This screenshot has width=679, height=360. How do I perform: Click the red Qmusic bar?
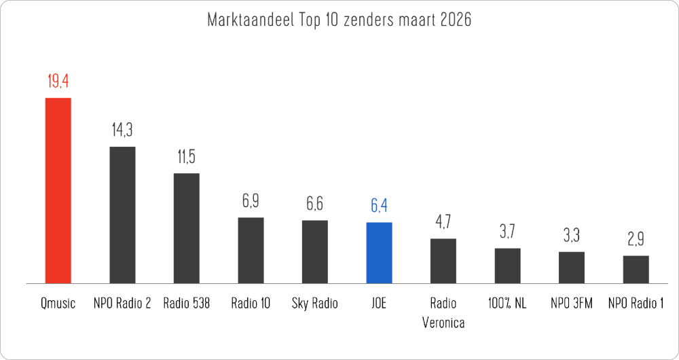click(58, 190)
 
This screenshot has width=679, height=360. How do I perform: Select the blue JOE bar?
click(379, 252)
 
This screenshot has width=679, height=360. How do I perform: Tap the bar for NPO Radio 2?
click(122, 215)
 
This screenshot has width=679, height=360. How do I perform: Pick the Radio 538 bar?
click(187, 228)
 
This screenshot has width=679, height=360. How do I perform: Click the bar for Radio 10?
click(251, 250)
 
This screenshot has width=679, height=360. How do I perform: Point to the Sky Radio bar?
click(314, 251)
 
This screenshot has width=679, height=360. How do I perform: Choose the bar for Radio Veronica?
click(443, 260)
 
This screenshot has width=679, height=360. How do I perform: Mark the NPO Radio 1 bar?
click(636, 269)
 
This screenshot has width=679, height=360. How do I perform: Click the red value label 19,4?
click(58, 82)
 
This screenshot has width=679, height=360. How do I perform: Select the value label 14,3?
click(122, 130)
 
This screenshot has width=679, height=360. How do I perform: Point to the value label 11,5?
click(187, 157)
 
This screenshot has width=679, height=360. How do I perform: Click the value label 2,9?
click(636, 240)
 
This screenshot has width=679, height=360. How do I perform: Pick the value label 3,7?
click(507, 232)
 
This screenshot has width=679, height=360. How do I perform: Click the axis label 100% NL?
click(507, 304)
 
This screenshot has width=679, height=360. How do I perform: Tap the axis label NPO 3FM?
click(571, 304)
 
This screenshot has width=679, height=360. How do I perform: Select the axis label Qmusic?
click(58, 304)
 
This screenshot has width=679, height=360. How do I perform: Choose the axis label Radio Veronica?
click(443, 312)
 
